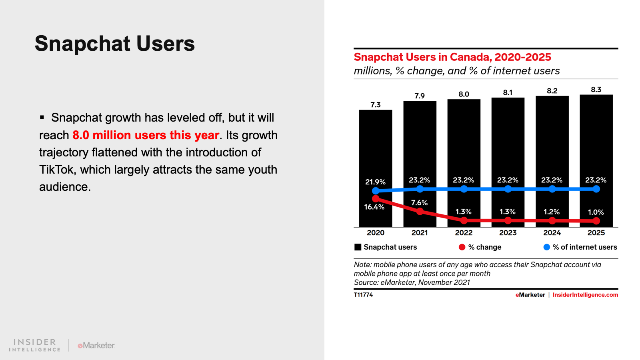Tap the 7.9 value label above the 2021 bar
point(420,96)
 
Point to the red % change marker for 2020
point(376,198)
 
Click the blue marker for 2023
point(508,189)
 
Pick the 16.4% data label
point(374,207)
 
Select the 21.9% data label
point(375,182)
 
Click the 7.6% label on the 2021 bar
point(419,203)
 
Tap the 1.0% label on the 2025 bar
point(596,212)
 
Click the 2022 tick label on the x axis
point(464,233)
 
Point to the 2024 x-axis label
point(552,233)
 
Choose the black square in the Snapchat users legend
point(358,247)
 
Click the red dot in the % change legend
point(462,247)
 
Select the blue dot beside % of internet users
point(547,247)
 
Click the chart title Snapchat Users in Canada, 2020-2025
point(452,57)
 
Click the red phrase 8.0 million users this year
point(146,135)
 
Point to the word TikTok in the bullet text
point(56,170)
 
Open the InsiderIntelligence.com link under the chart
point(585,295)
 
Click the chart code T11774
point(363,295)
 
